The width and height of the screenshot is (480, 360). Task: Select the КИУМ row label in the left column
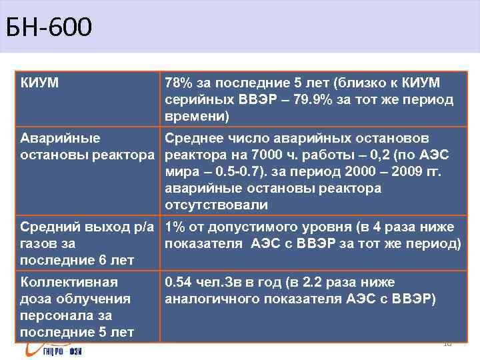39,83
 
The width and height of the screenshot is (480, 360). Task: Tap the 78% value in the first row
179,83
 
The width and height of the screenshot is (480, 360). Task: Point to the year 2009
398,173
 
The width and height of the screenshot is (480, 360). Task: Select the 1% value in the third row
175,227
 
